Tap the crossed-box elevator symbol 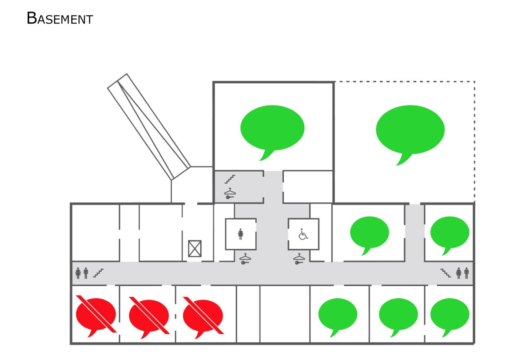(195, 248)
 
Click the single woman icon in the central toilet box (240, 234)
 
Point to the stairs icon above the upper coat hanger (230, 179)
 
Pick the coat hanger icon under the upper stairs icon (230, 193)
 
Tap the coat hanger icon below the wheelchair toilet (299, 259)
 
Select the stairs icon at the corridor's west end (98, 273)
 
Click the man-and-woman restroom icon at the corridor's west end (82, 273)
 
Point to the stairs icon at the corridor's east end (446, 273)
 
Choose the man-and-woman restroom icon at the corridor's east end (462, 273)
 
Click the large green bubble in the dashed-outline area (410, 130)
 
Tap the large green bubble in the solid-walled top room (272, 129)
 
